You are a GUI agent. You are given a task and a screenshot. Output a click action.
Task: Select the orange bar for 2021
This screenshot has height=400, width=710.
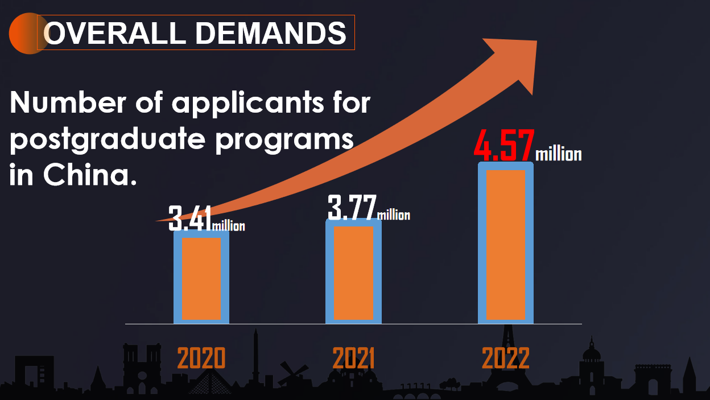[x=353, y=273]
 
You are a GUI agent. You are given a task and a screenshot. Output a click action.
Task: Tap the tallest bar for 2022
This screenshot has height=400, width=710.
[x=506, y=245]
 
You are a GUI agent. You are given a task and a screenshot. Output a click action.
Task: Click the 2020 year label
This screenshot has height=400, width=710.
[x=201, y=358]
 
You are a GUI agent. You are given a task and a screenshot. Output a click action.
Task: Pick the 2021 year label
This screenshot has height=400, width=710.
[x=353, y=358]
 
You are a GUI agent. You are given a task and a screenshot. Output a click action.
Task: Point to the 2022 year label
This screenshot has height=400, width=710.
[x=506, y=358]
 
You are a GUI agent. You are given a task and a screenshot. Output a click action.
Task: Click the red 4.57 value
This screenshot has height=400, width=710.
[x=504, y=146]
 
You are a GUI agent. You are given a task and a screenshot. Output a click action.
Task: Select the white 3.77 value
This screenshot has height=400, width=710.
[x=352, y=208]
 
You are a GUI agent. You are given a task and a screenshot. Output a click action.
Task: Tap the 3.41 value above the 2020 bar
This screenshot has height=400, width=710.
[x=190, y=220]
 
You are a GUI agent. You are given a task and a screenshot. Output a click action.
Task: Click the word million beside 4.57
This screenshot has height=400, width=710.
[x=559, y=154]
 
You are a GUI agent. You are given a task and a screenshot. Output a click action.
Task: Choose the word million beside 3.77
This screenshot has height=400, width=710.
[x=393, y=215]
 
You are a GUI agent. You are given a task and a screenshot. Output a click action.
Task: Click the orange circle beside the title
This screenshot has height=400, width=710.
[x=26, y=34]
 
